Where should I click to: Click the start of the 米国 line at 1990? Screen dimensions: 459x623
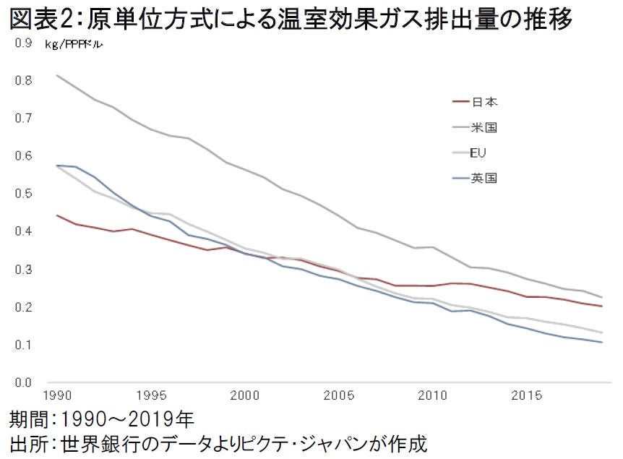(x=56, y=75)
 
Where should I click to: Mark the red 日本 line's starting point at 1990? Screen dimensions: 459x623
(x=56, y=215)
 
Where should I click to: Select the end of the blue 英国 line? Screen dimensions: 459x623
(x=602, y=343)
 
